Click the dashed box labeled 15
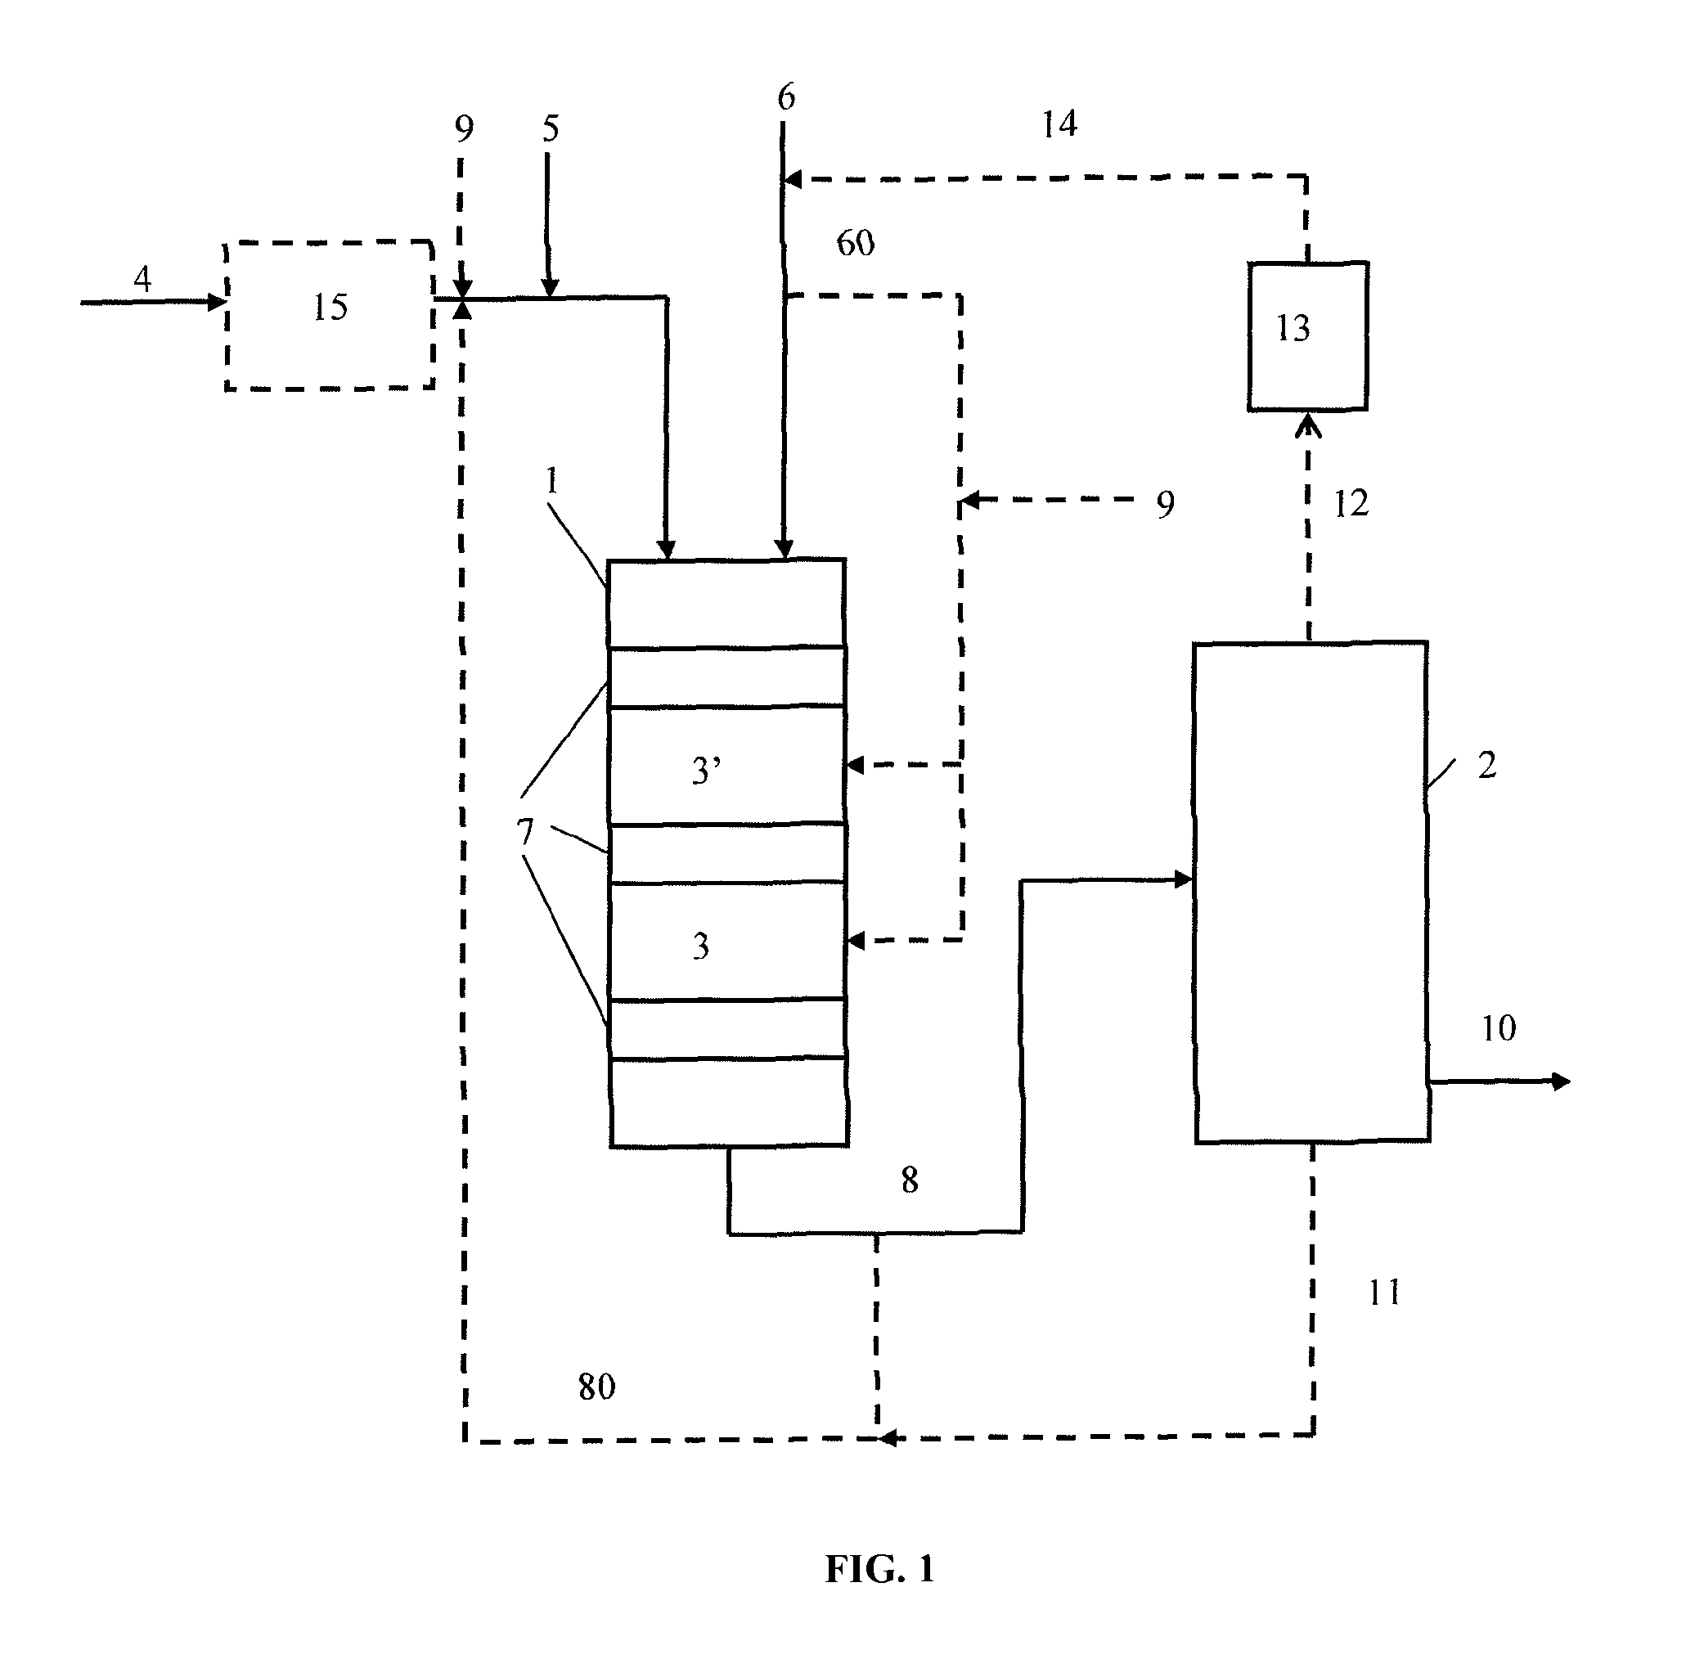[x=330, y=316]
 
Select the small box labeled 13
[x=1307, y=335]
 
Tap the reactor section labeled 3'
[x=726, y=765]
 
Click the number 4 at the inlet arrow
[x=142, y=279]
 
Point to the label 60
[x=855, y=243]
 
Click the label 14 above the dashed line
[x=1059, y=124]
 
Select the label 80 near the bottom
[x=596, y=1387]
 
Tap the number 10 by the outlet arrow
[x=1499, y=1028]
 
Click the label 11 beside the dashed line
[x=1383, y=1293]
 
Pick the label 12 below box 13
[x=1351, y=504]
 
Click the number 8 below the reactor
[x=909, y=1180]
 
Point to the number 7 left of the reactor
[x=524, y=833]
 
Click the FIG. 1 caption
[x=879, y=1569]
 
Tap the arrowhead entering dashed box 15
[x=218, y=303]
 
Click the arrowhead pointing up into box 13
[x=1308, y=425]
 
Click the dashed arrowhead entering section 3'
[x=855, y=765]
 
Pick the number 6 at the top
[x=786, y=97]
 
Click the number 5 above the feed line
[x=550, y=128]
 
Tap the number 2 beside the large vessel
[x=1486, y=765]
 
